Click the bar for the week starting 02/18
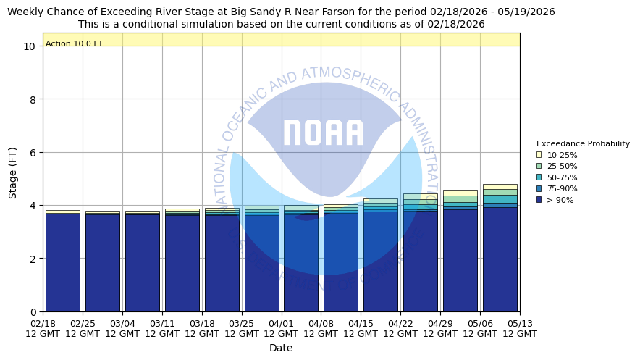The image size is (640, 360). (x=63, y=261)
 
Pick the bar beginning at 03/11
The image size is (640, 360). (x=182, y=261)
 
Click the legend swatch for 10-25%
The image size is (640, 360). (x=539, y=155)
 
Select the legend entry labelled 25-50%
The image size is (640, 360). (x=562, y=167)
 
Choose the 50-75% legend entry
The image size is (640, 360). (x=562, y=177)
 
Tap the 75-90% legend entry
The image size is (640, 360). (x=562, y=189)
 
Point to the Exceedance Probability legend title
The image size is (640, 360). (x=583, y=143)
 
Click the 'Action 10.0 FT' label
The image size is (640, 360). (x=75, y=44)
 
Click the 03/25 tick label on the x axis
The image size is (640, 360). (x=242, y=328)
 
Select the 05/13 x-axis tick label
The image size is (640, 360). (x=520, y=328)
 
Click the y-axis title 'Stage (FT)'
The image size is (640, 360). (x=13, y=172)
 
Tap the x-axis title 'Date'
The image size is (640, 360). (x=281, y=348)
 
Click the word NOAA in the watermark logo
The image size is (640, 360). (x=323, y=133)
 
